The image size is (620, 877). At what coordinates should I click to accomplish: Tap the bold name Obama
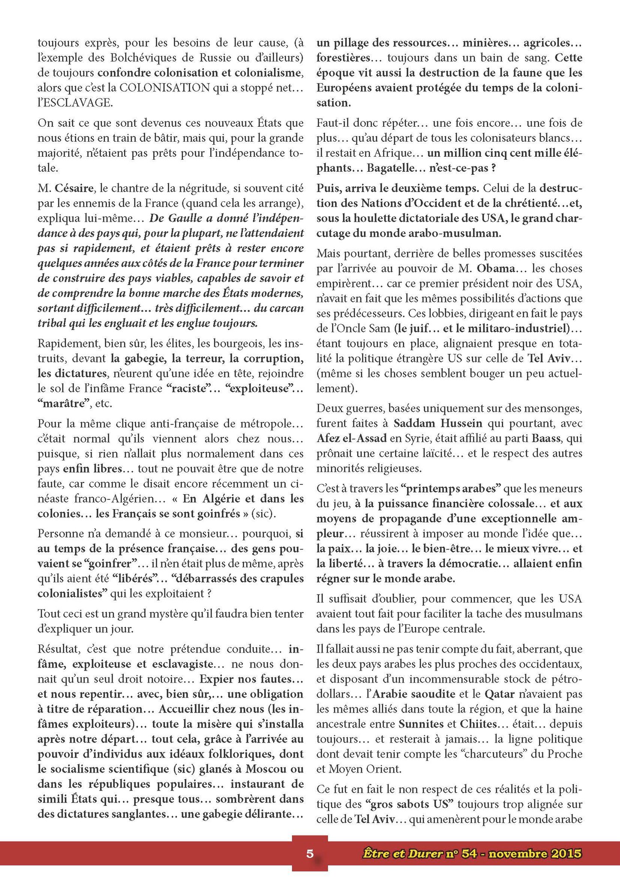pyautogui.click(x=495, y=268)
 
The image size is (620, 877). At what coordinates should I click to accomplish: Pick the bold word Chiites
pyautogui.click(x=479, y=724)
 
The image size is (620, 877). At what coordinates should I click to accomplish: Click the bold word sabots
pyautogui.click(x=417, y=804)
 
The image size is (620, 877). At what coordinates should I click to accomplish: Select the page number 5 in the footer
pyautogui.click(x=310, y=853)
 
